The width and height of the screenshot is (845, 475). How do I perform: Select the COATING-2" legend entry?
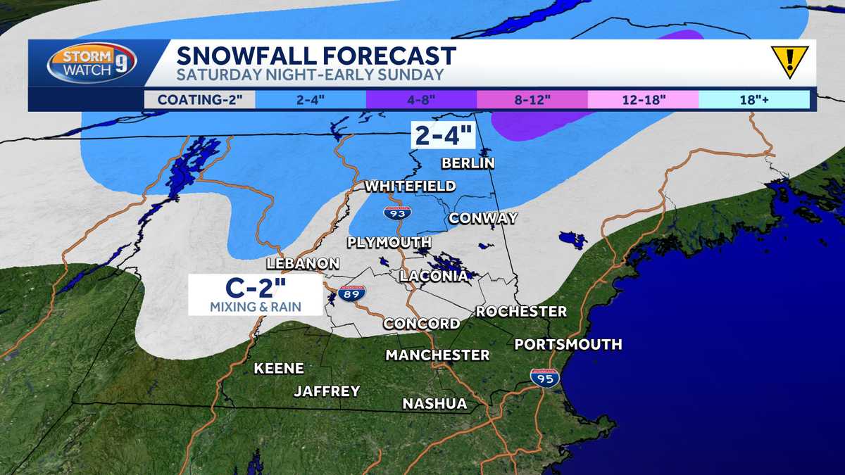coord(199,99)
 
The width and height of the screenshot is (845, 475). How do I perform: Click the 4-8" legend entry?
coord(421,99)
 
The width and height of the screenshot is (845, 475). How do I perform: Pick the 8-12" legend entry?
coord(532,99)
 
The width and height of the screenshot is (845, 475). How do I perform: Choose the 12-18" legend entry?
coord(644,99)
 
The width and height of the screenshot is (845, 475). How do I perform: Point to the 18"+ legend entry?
coord(753,99)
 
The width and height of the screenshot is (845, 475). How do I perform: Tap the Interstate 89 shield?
coord(351,294)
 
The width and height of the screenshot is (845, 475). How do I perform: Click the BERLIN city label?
coord(468,163)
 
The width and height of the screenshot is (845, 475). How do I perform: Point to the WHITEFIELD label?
coord(410,186)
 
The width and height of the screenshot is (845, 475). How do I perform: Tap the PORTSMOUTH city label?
coord(568,344)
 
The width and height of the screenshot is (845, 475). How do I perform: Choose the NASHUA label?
coord(434,403)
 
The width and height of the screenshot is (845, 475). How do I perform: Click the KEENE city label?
coord(279,368)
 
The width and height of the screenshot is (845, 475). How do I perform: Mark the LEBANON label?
coord(303,263)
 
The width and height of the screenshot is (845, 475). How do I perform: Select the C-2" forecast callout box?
coord(255,294)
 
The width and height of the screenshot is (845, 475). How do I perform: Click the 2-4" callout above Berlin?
coord(443,134)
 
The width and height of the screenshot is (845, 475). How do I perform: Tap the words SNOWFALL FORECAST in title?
coord(316,56)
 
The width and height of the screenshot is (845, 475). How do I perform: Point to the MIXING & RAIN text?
coord(255,306)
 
